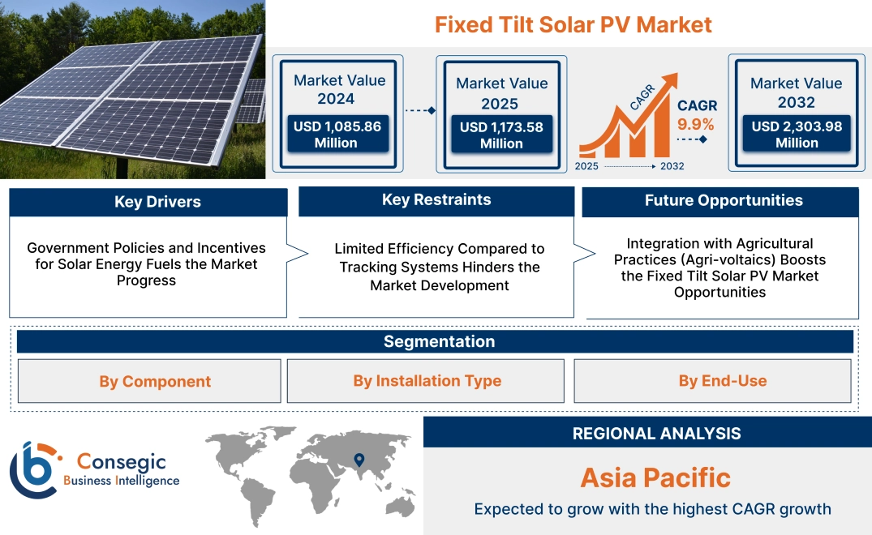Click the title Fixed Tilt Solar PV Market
coord(573,24)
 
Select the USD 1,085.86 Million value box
coord(336,135)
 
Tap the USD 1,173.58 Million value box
coord(501,135)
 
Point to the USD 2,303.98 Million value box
coord(797,135)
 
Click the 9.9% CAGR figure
coord(695,124)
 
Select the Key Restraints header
coord(436,200)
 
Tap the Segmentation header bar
coord(439,341)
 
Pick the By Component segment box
coord(155,381)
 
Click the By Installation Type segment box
coord(427,381)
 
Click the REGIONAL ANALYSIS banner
coord(656,434)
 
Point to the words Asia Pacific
coord(655,477)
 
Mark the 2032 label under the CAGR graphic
coord(672,166)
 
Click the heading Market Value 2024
coord(339,89)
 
